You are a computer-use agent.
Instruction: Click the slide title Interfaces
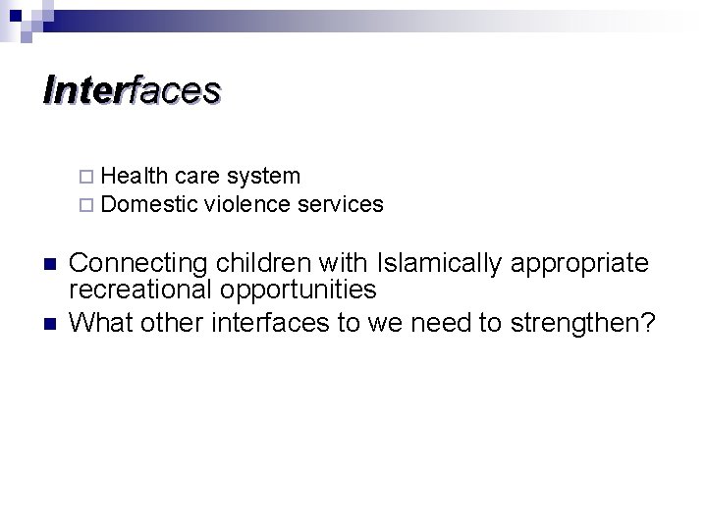coord(133,90)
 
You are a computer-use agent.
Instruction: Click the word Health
coord(135,177)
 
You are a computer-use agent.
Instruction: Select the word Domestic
coord(149,205)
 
